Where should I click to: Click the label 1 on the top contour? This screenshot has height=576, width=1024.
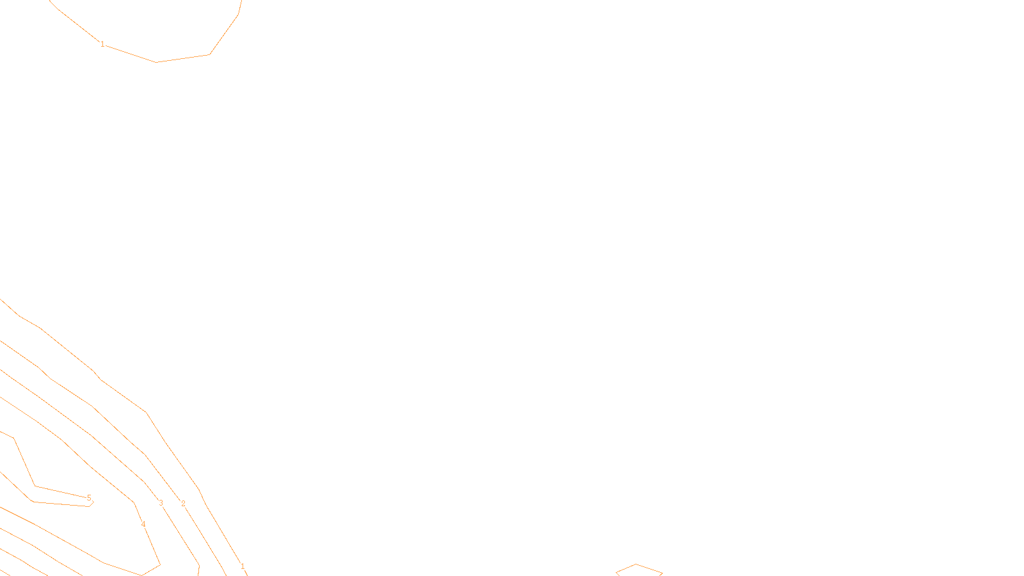pyautogui.click(x=102, y=44)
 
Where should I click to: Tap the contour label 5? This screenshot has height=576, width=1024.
pyautogui.click(x=89, y=498)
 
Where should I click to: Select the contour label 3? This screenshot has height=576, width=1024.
pyautogui.click(x=161, y=503)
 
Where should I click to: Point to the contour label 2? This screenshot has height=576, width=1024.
pyautogui.click(x=183, y=504)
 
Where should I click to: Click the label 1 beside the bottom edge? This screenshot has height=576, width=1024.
pyautogui.click(x=243, y=566)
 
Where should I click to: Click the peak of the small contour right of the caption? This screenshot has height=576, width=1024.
pyautogui.click(x=636, y=564)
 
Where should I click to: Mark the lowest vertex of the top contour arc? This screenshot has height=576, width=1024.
pyautogui.click(x=157, y=62)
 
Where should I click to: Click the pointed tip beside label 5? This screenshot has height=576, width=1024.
pyautogui.click(x=93, y=502)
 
